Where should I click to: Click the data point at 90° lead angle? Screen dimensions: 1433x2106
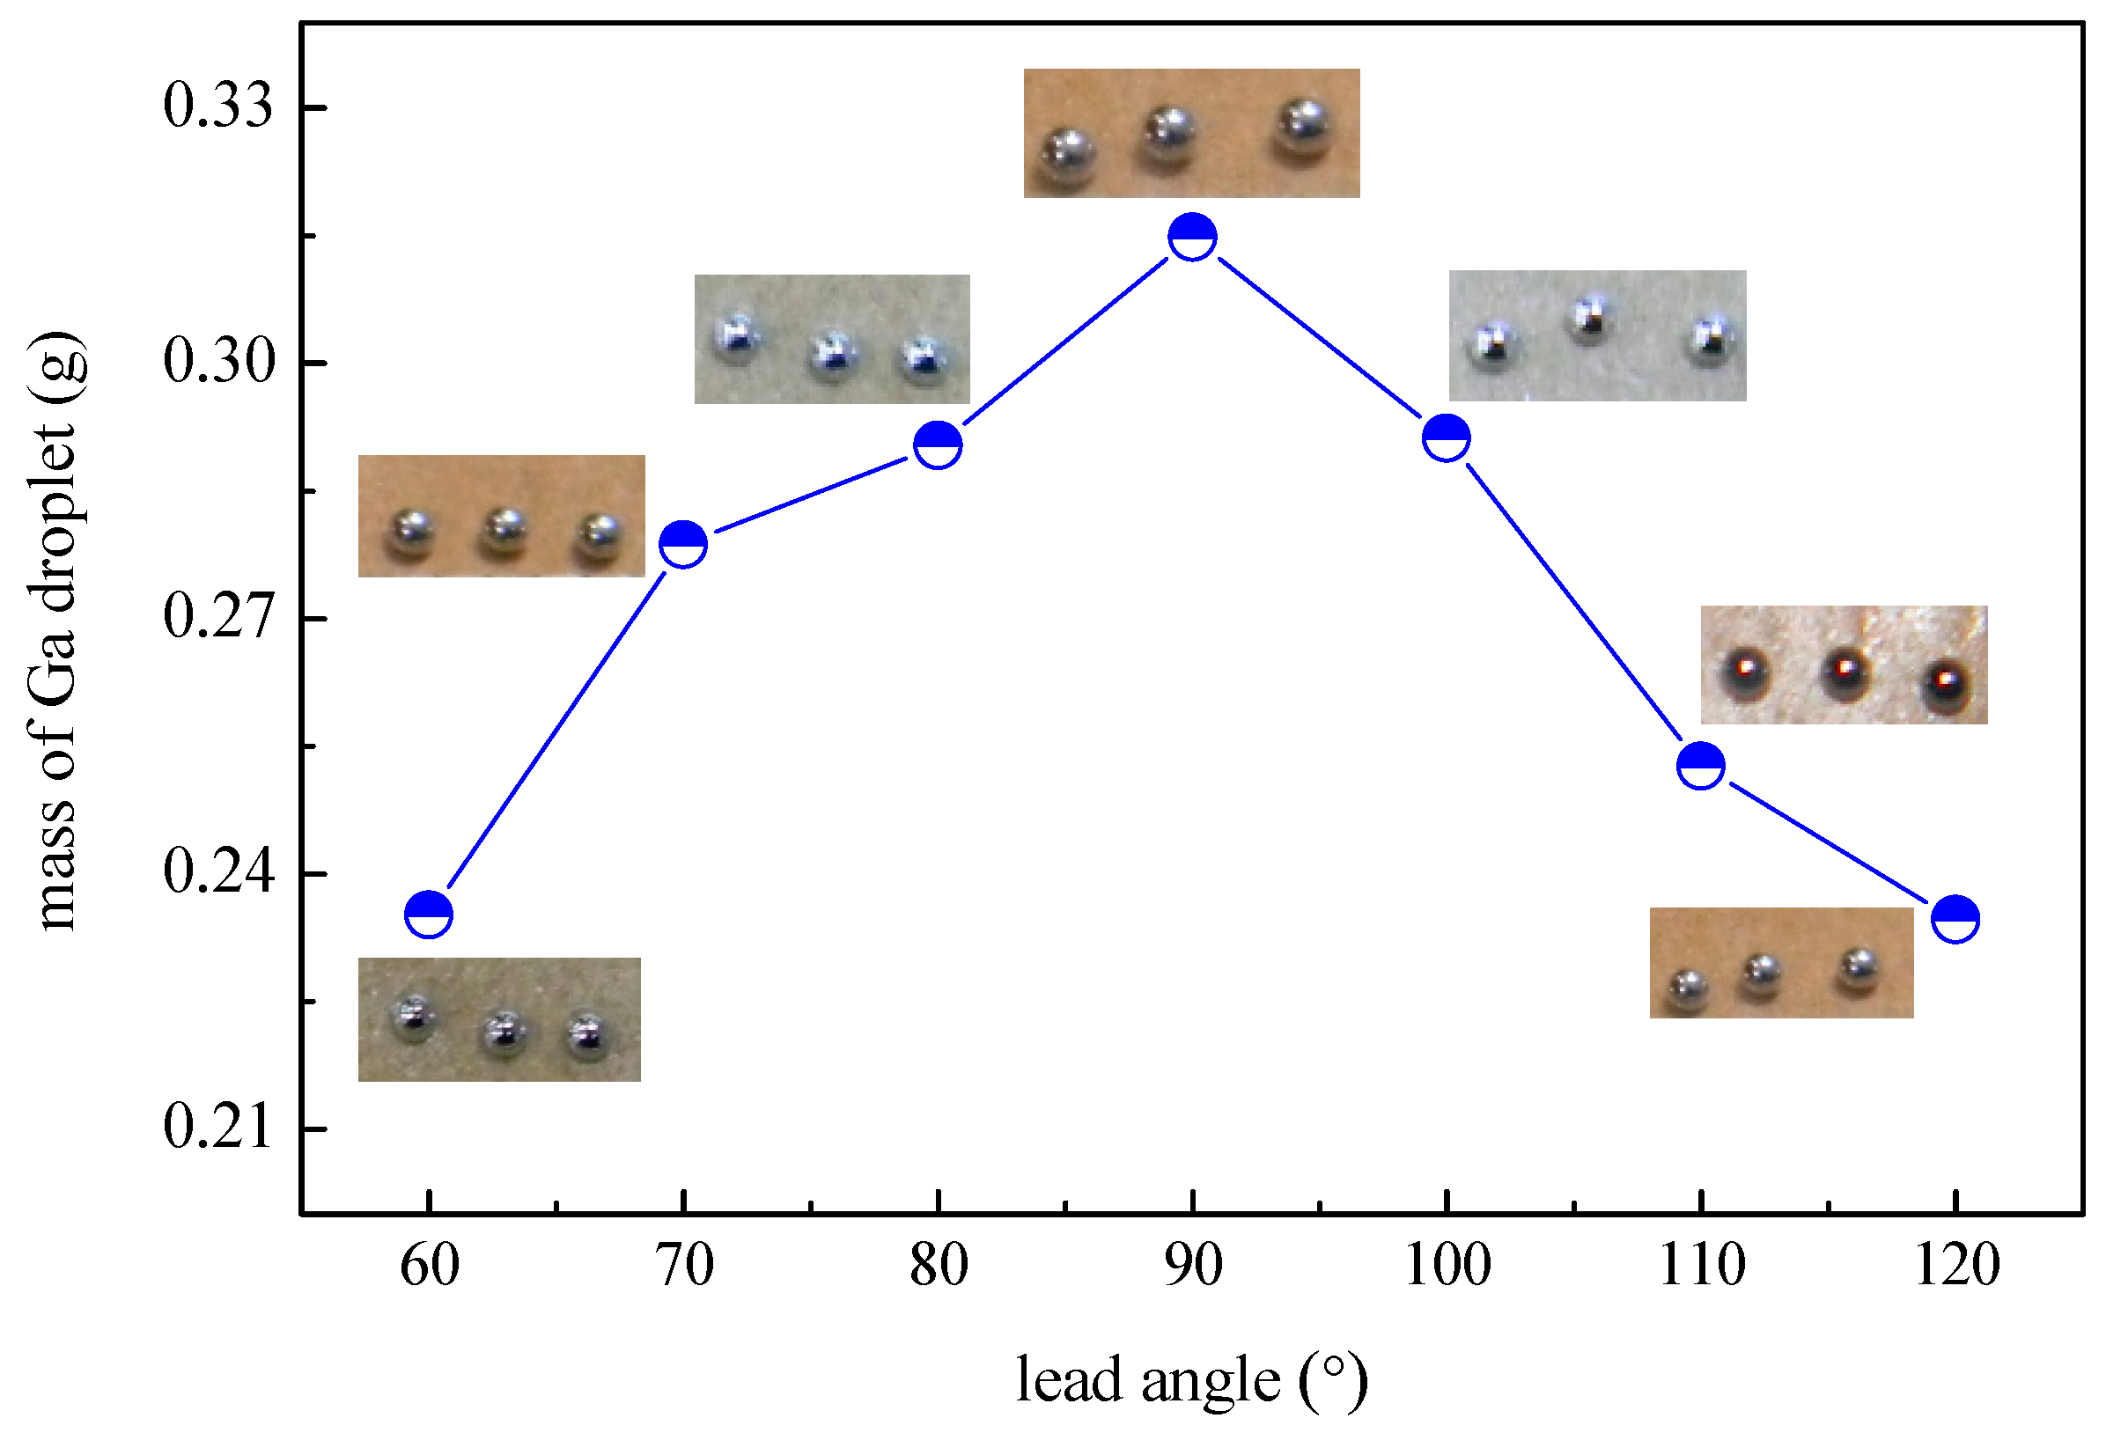[x=1193, y=238]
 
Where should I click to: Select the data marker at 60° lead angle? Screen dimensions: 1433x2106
[x=429, y=915]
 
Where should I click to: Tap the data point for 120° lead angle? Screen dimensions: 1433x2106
[x=1955, y=920]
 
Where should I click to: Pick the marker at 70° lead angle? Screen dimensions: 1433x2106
[x=683, y=544]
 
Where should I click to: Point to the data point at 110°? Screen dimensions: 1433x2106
[x=1701, y=766]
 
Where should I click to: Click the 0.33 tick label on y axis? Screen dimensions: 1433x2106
[x=217, y=107]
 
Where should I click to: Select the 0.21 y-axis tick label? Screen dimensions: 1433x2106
[x=217, y=1128]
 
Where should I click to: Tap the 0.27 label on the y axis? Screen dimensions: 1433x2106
[x=217, y=618]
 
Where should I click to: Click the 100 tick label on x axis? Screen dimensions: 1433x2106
[x=1447, y=1267]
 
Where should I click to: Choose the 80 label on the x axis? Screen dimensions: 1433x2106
[x=939, y=1267]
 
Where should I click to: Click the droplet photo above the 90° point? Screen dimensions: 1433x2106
[x=1191, y=133]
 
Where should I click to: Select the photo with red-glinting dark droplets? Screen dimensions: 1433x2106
[x=1845, y=665]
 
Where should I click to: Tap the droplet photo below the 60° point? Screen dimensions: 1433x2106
[x=499, y=1019]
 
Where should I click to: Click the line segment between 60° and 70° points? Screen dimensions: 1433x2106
[x=556, y=730]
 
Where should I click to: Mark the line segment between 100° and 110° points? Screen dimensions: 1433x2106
[x=1574, y=601]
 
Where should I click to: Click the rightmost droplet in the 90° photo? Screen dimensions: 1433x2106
[x=1303, y=131]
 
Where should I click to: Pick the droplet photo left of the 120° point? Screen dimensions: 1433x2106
[x=1782, y=963]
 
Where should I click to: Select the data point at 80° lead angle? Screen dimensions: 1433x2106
[x=938, y=445]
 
